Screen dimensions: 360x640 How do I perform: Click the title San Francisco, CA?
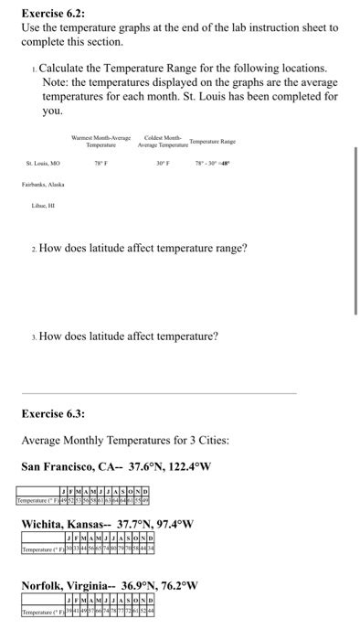(74, 466)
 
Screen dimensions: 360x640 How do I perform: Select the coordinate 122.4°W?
(187, 466)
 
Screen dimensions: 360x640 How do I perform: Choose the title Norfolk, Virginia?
(70, 585)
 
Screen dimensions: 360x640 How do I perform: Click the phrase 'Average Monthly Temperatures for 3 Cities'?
(111, 441)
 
